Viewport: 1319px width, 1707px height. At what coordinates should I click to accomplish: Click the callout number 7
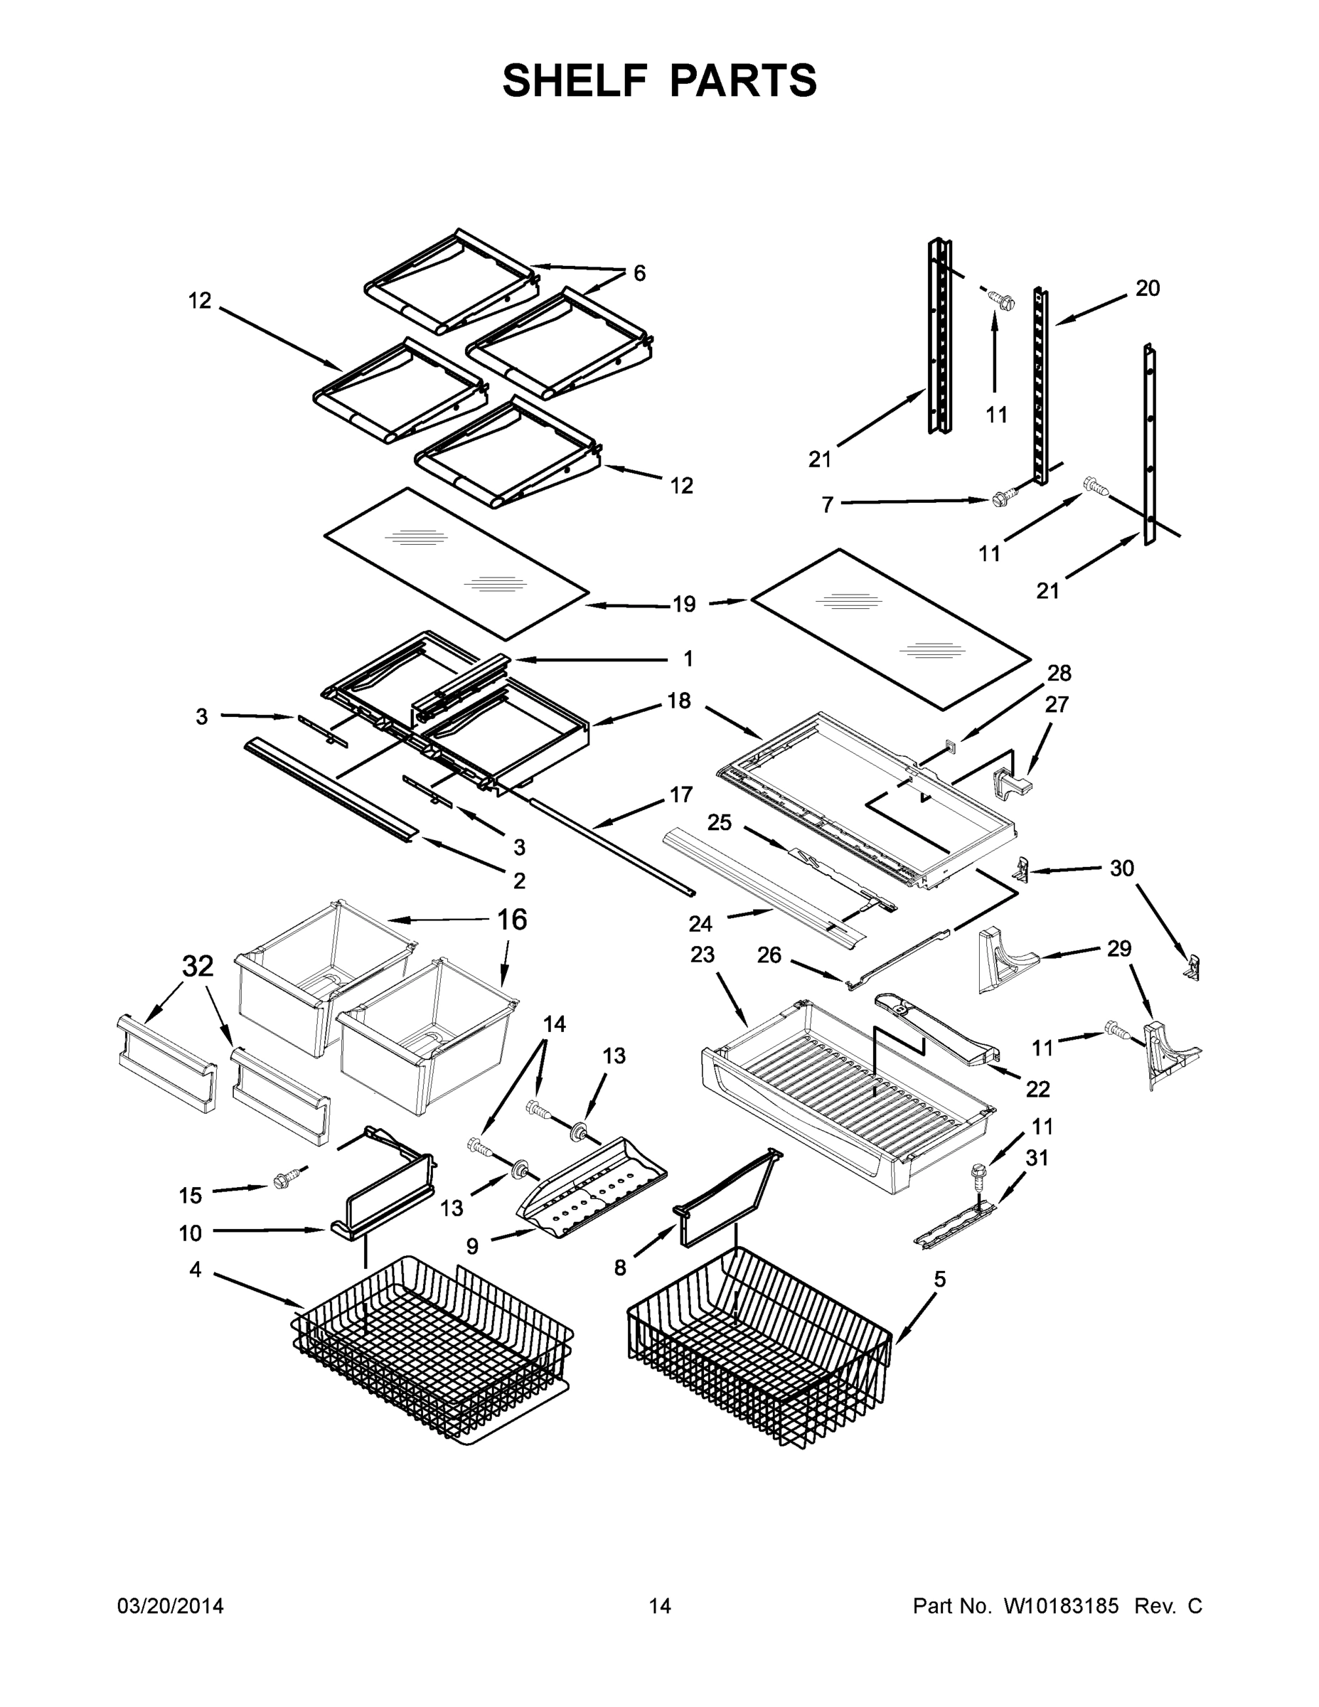pyautogui.click(x=828, y=505)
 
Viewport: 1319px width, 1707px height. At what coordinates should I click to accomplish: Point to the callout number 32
pyautogui.click(x=198, y=967)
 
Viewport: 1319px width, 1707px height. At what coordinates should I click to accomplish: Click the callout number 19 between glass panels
pyautogui.click(x=684, y=603)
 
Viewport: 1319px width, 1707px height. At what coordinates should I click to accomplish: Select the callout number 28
pyautogui.click(x=1059, y=673)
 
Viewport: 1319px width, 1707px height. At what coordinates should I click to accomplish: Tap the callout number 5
pyautogui.click(x=939, y=1280)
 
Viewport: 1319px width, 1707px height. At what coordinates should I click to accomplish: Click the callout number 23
pyautogui.click(x=703, y=954)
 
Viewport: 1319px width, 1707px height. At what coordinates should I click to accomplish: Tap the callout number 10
pyautogui.click(x=190, y=1233)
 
